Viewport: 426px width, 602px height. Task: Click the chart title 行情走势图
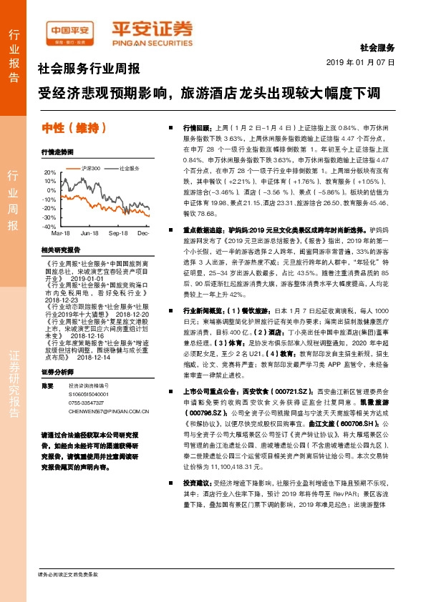pyautogui.click(x=57, y=152)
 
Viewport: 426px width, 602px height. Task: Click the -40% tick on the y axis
pyautogui.click(x=49, y=226)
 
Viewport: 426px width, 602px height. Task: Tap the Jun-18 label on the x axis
pyautogui.click(x=89, y=234)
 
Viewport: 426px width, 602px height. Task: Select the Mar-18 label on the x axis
pyautogui.click(x=60, y=234)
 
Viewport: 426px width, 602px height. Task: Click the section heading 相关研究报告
pyautogui.click(x=60, y=250)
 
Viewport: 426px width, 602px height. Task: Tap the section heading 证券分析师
pyautogui.click(x=57, y=372)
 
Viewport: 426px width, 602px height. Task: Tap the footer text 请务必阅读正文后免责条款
pyautogui.click(x=67, y=575)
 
